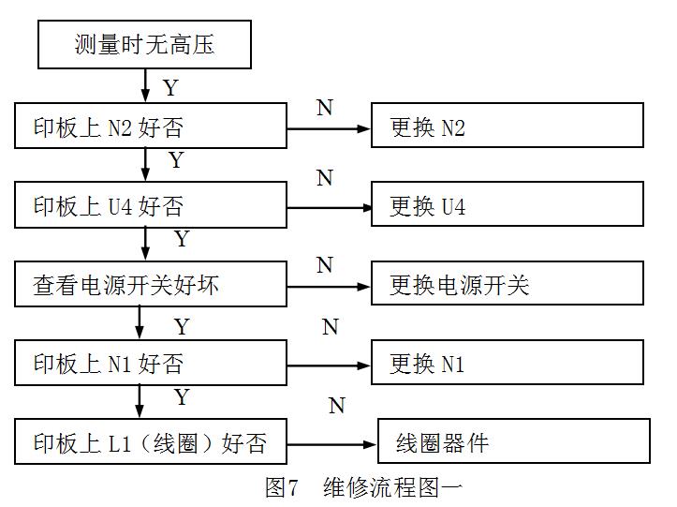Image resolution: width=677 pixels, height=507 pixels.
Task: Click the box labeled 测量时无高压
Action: [144, 45]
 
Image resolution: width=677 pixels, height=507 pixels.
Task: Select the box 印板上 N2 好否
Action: [151, 127]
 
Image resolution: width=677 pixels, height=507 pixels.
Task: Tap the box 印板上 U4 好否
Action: [151, 205]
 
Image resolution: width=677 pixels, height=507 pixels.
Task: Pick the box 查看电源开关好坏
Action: [151, 284]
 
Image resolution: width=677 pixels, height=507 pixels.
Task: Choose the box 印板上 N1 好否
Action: [151, 363]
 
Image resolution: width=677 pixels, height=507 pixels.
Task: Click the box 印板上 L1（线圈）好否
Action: [151, 441]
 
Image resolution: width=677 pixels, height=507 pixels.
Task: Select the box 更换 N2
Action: [507, 127]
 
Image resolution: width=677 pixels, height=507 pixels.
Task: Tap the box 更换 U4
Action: [507, 205]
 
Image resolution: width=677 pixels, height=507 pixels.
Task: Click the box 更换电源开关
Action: [507, 284]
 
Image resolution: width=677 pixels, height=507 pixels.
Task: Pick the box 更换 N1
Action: [507, 363]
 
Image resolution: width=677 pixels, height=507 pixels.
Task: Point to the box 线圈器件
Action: [513, 441]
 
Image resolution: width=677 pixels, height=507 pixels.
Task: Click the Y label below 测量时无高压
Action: [169, 88]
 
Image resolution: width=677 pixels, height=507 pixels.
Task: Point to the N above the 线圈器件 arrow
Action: [336, 406]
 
